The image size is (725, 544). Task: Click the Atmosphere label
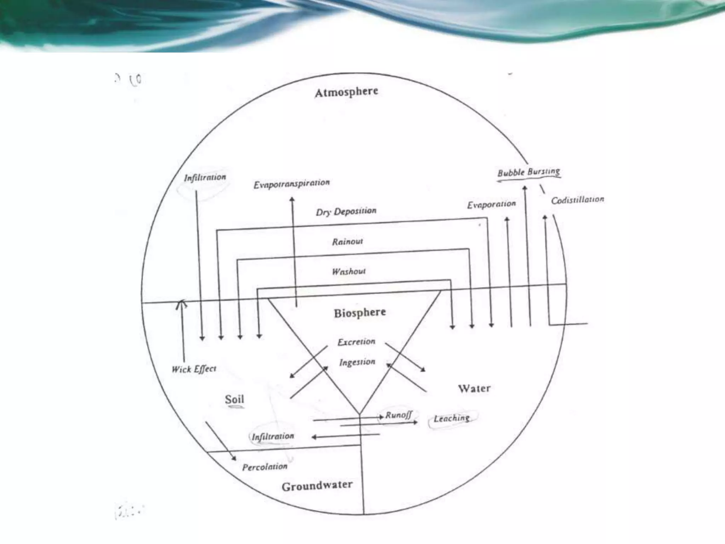point(346,92)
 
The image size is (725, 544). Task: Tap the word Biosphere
point(360,313)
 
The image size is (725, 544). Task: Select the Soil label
point(234,399)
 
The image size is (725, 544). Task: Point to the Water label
point(474,389)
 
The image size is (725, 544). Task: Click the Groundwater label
point(317,486)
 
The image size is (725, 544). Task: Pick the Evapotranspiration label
point(291,184)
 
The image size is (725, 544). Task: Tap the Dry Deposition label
point(346,211)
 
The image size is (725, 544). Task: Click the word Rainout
point(347,242)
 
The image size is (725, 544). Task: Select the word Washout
point(349,272)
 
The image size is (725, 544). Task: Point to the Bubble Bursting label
point(529,172)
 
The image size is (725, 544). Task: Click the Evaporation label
point(491,205)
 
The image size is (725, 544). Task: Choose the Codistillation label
point(577,200)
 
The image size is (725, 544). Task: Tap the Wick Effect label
point(194,369)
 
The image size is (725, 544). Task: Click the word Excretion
point(356,342)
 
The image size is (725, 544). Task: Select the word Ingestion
point(357,362)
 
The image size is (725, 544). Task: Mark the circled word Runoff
point(398,415)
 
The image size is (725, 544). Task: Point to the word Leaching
point(452,418)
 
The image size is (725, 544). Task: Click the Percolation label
point(265,467)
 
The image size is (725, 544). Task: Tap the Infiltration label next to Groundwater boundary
point(273,436)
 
